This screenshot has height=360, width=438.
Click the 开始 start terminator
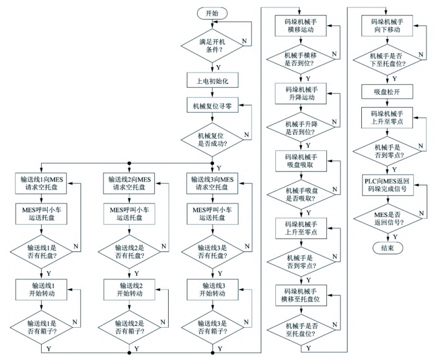[212, 13]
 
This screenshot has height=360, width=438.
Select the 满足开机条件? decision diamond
[212, 45]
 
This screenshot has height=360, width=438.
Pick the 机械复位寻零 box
[212, 106]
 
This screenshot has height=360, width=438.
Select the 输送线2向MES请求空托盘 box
[130, 184]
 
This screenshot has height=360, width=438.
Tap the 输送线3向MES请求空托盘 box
[212, 184]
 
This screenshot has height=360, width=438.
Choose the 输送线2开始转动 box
[130, 289]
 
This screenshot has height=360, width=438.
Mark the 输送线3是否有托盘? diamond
[212, 252]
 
